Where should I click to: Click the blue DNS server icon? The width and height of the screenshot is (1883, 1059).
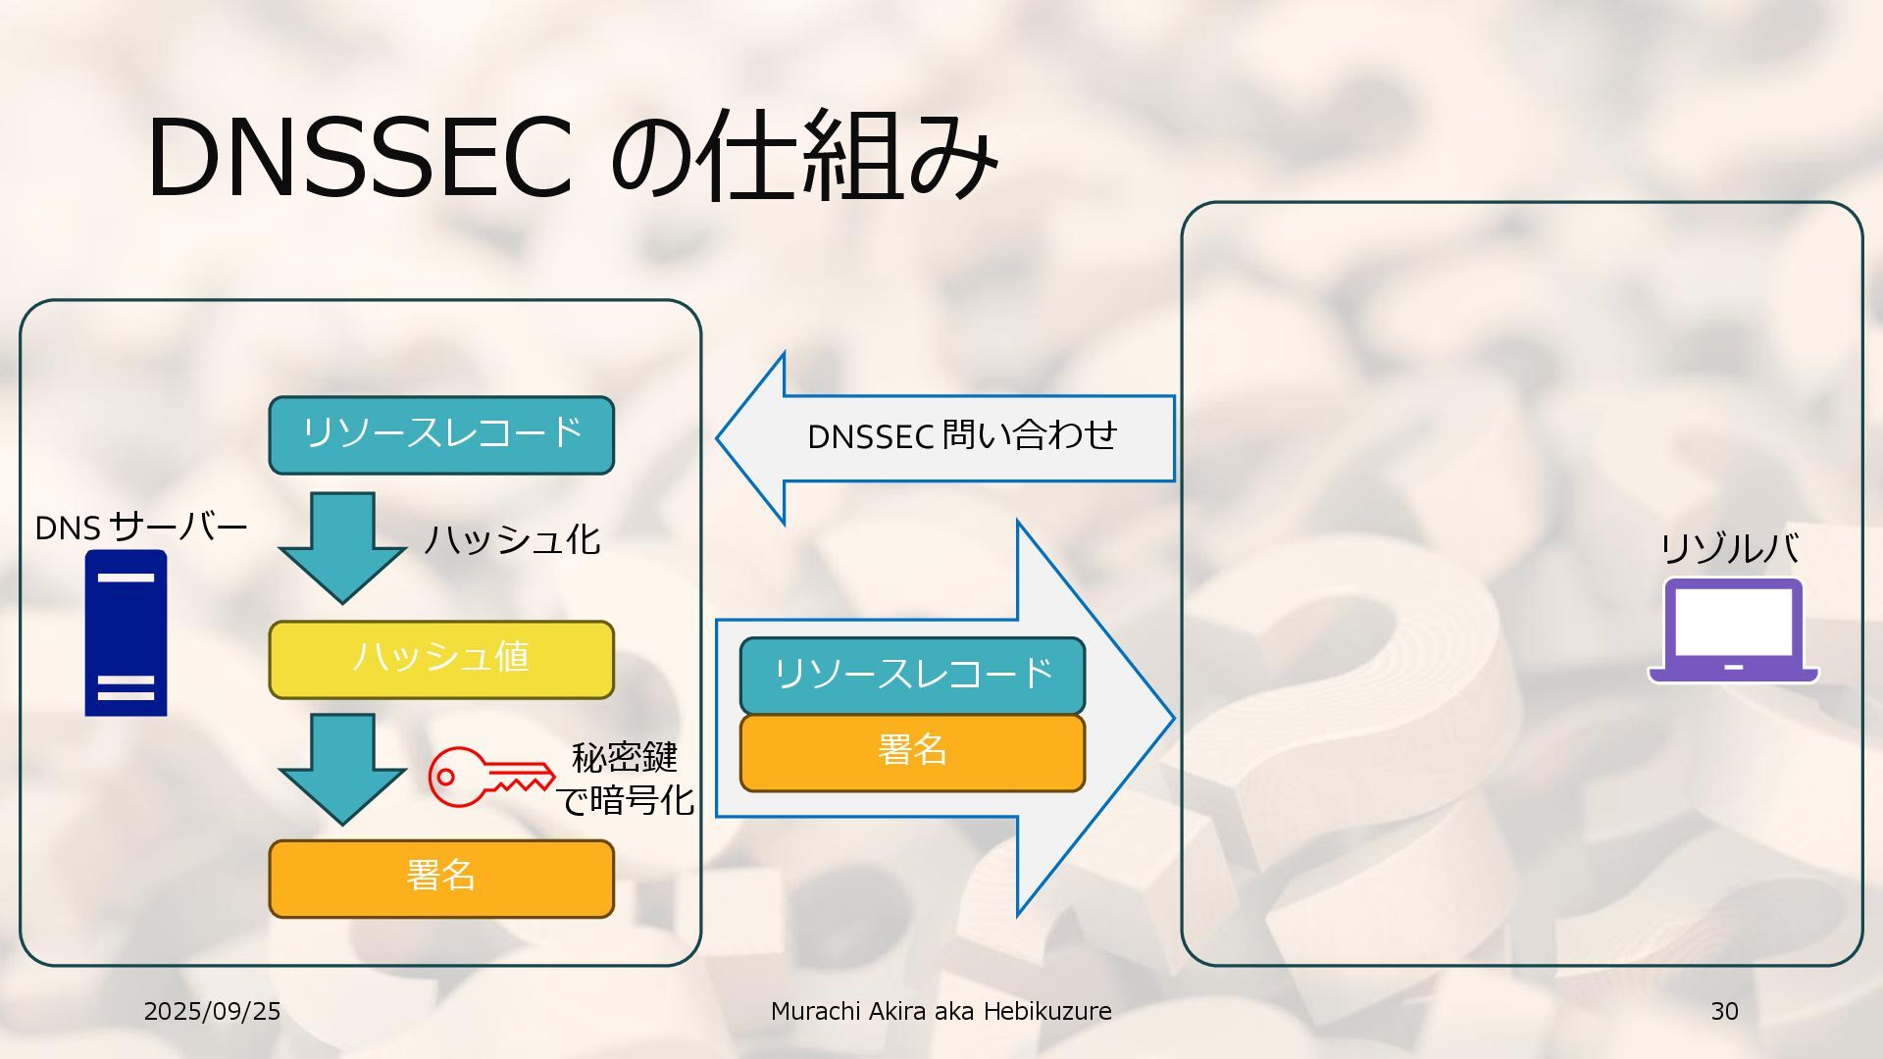tap(126, 633)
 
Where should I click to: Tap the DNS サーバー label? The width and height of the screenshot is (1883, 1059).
tap(140, 528)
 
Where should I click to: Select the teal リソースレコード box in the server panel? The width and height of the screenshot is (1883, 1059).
tap(441, 434)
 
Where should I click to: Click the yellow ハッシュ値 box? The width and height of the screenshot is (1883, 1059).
tap(441, 659)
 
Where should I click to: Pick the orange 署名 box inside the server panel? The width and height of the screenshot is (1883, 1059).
tap(441, 879)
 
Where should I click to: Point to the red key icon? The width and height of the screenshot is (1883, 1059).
tap(490, 777)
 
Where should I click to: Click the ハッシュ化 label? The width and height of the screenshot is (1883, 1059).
tap(512, 539)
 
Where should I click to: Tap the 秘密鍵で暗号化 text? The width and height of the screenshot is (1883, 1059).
tap(626, 780)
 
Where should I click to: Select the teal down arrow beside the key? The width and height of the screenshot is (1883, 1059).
tap(342, 768)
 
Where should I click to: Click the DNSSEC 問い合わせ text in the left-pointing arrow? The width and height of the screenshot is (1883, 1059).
tap(961, 436)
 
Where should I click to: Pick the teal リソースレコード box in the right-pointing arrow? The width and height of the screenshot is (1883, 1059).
tap(912, 675)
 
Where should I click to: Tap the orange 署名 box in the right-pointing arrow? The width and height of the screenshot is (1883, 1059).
tap(912, 752)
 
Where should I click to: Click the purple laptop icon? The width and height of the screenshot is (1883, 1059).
tap(1733, 630)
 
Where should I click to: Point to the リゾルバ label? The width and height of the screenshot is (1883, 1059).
tap(1729, 548)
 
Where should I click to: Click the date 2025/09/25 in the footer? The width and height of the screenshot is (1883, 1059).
tap(212, 1011)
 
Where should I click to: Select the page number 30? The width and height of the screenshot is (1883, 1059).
tap(1724, 1011)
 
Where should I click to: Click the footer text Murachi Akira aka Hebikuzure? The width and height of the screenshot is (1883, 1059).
tap(941, 1011)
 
